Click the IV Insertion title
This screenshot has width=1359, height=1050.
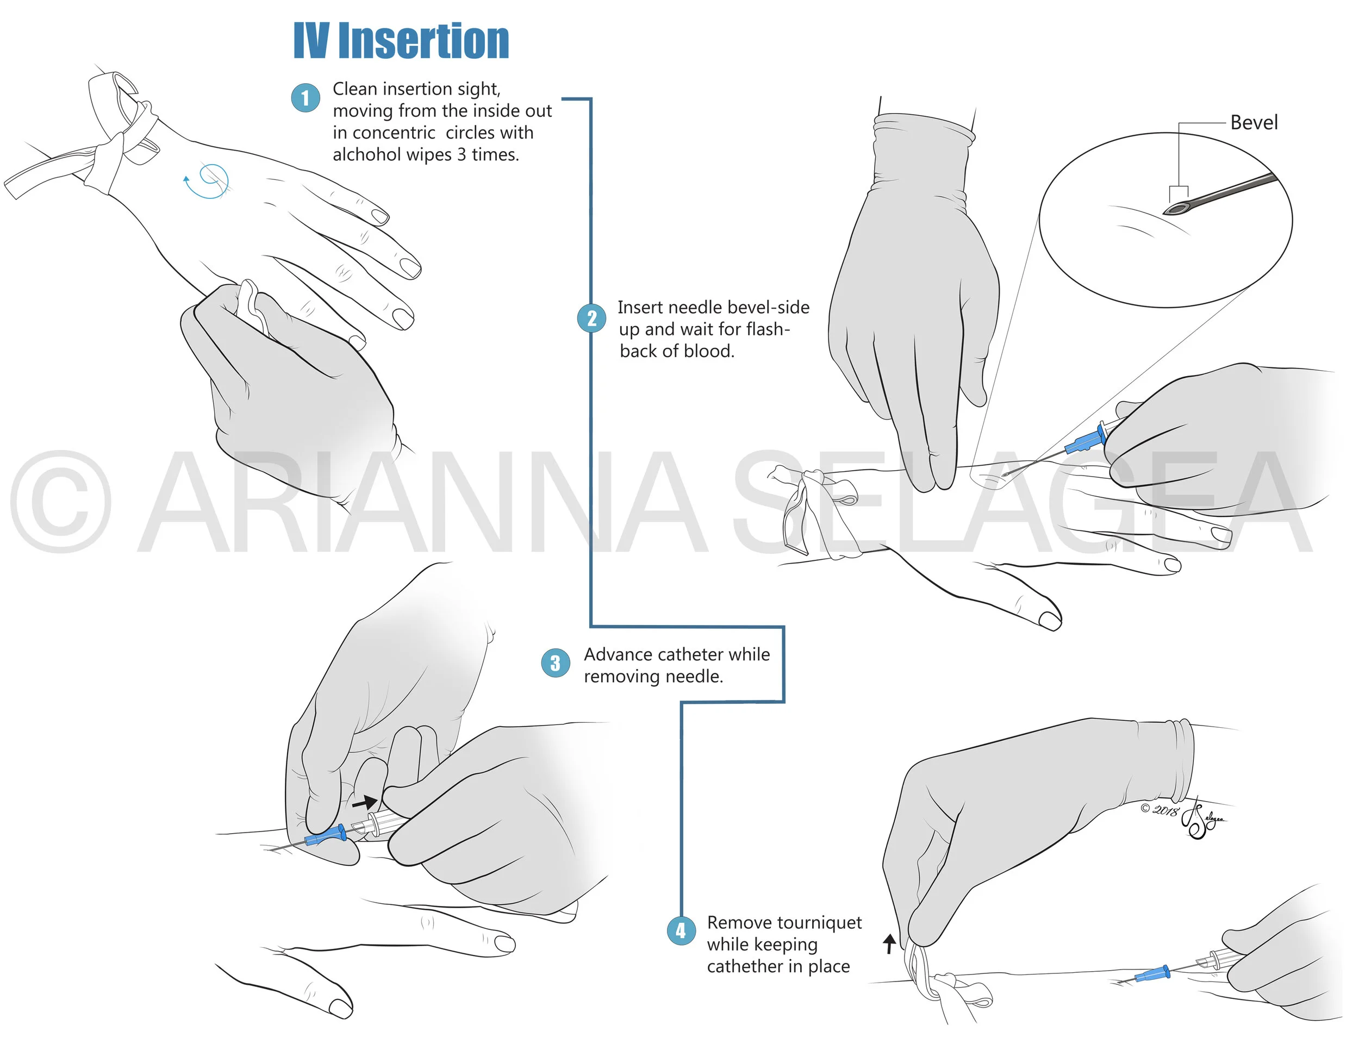coord(401,41)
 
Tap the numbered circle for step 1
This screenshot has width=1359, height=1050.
coord(306,98)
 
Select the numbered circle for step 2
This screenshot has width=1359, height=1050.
coord(591,318)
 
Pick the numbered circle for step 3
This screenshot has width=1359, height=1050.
coord(555,663)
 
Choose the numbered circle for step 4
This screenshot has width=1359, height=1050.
coord(681,930)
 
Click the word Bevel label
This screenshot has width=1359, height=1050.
coord(1254,122)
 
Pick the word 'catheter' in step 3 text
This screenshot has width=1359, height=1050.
coord(691,654)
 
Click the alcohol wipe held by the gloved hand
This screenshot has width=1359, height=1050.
coord(252,305)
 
